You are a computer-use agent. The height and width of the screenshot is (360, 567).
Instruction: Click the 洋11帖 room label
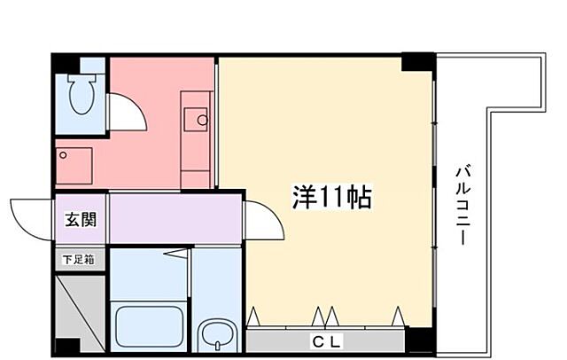tap(331, 197)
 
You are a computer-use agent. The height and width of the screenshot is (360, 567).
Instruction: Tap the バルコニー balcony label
tap(463, 206)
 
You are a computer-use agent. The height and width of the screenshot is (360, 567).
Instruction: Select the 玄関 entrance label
tap(80, 219)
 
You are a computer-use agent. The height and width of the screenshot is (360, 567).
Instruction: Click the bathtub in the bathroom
tap(149, 327)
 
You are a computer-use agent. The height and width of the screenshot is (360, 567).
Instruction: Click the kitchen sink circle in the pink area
tap(202, 120)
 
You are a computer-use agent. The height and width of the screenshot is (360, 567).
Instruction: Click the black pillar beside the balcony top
tap(417, 62)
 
